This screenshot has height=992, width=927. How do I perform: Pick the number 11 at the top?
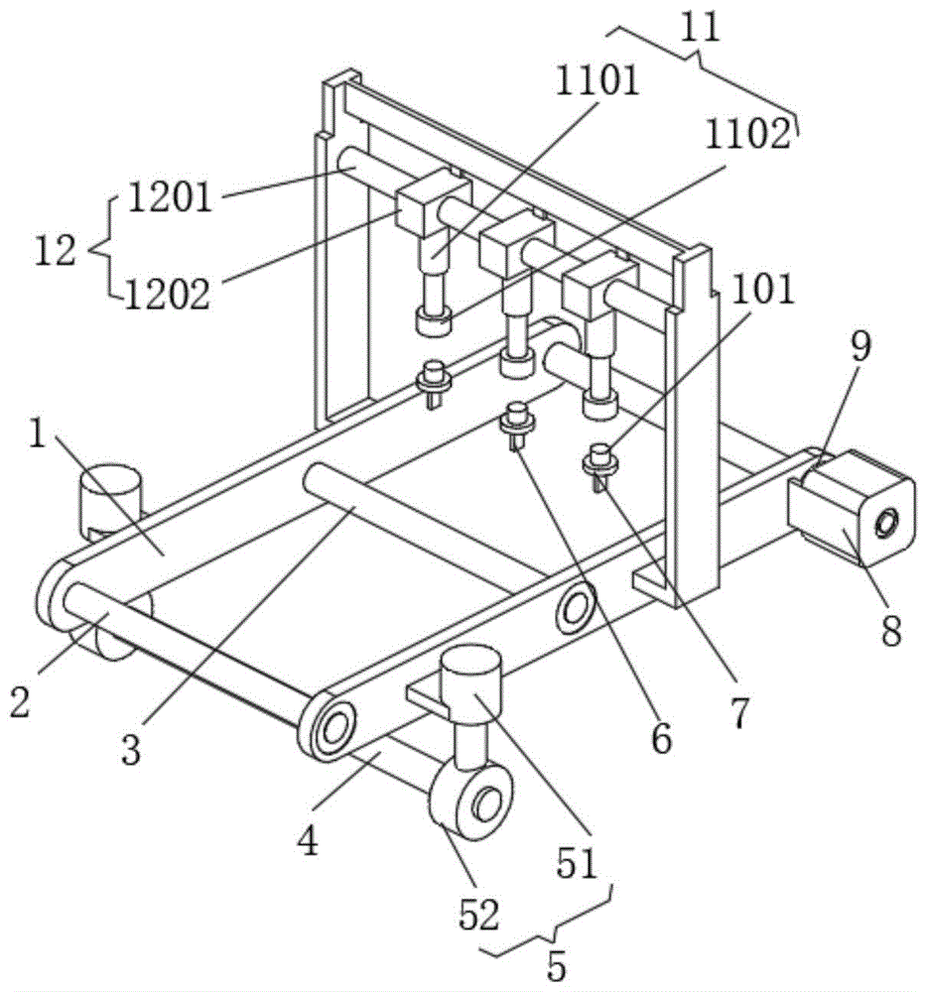(701, 27)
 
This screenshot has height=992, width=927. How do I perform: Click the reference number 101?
(765, 290)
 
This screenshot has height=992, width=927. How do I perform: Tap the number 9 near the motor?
(860, 347)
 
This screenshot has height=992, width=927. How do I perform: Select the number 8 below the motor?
(889, 629)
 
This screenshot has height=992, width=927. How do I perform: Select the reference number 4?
(309, 842)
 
